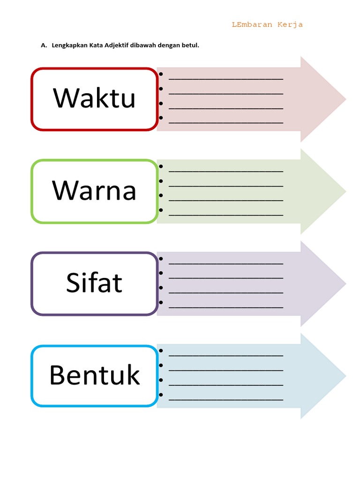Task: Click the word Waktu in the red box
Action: click(x=94, y=98)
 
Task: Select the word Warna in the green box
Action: click(x=94, y=191)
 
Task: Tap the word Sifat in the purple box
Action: click(x=94, y=283)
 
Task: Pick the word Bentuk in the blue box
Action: click(x=94, y=375)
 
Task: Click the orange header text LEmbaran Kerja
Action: click(x=267, y=25)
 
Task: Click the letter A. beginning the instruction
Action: click(x=44, y=45)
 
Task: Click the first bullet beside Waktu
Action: click(x=161, y=74)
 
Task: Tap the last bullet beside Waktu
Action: click(x=161, y=118)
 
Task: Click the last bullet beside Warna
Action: click(x=161, y=210)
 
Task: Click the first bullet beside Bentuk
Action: click(x=161, y=351)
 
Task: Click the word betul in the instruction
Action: click(x=191, y=45)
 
